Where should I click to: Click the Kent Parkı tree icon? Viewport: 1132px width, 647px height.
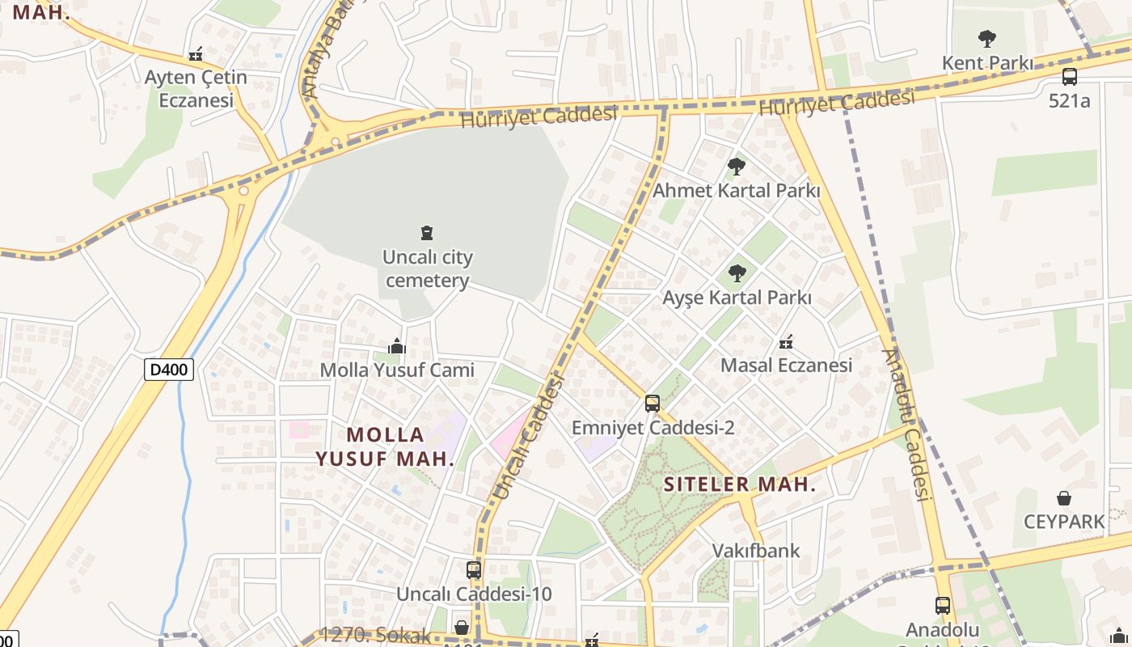point(986,37)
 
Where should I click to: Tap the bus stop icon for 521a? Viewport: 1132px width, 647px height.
point(1069,77)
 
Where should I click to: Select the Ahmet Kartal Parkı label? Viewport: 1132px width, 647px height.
point(736,191)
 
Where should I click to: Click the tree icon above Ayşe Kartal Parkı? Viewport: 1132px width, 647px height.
point(736,273)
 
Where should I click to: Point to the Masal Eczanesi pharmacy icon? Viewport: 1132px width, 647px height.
point(785,342)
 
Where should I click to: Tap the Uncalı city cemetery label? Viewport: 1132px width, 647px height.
point(428,269)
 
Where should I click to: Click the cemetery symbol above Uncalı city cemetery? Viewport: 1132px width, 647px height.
point(427,234)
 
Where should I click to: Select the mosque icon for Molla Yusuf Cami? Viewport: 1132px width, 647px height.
point(396,347)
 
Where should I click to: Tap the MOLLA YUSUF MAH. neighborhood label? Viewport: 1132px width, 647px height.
point(385,446)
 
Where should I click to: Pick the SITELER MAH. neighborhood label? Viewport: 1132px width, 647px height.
point(739,484)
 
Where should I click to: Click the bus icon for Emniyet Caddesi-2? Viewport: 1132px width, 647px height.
point(653,403)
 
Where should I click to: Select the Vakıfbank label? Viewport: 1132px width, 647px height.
point(755,551)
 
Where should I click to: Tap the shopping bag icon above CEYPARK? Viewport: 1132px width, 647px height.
point(1064,498)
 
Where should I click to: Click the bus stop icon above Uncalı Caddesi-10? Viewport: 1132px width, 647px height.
point(474,569)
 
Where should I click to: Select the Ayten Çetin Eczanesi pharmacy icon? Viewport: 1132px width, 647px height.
point(195,54)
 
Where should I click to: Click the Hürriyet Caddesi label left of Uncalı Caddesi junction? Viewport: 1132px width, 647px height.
point(539,116)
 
